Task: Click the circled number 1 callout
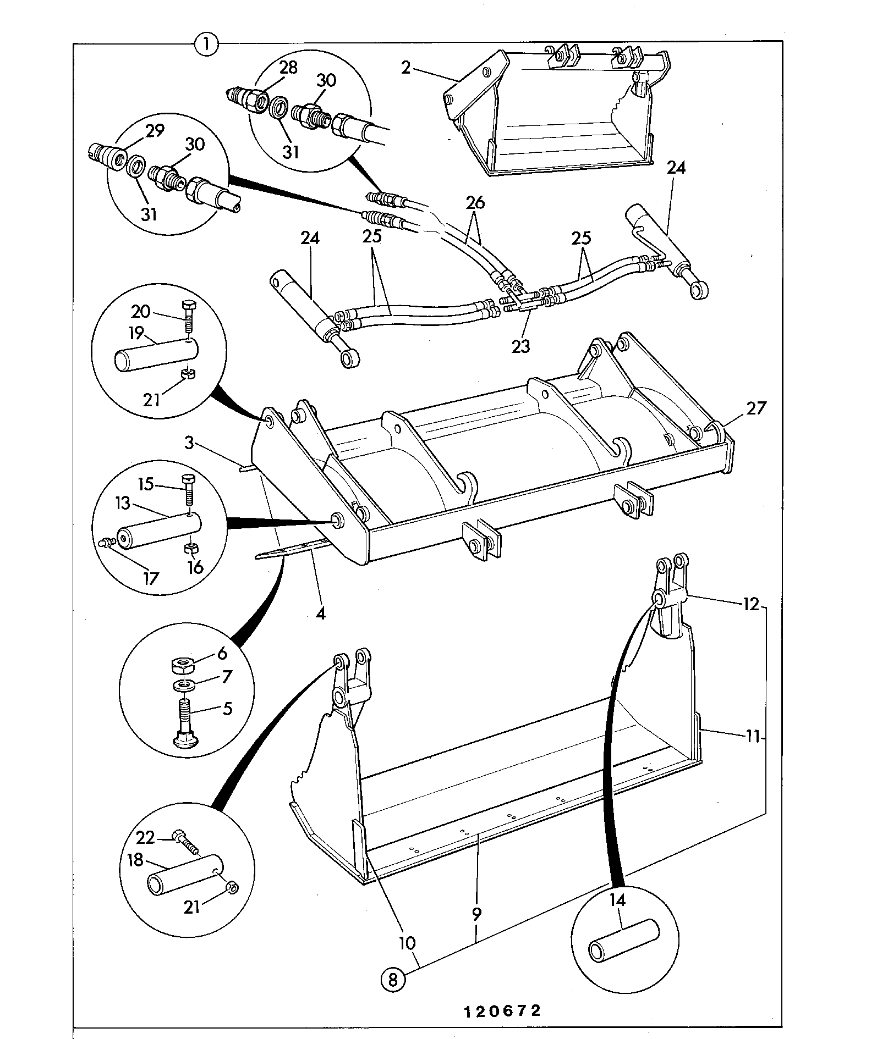click(x=206, y=44)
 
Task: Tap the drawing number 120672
click(x=502, y=1010)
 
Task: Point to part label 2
click(x=406, y=68)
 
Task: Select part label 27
click(x=755, y=408)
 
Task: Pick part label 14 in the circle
click(x=617, y=900)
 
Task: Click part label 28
click(x=288, y=68)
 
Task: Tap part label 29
click(x=155, y=131)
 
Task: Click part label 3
click(x=189, y=442)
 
